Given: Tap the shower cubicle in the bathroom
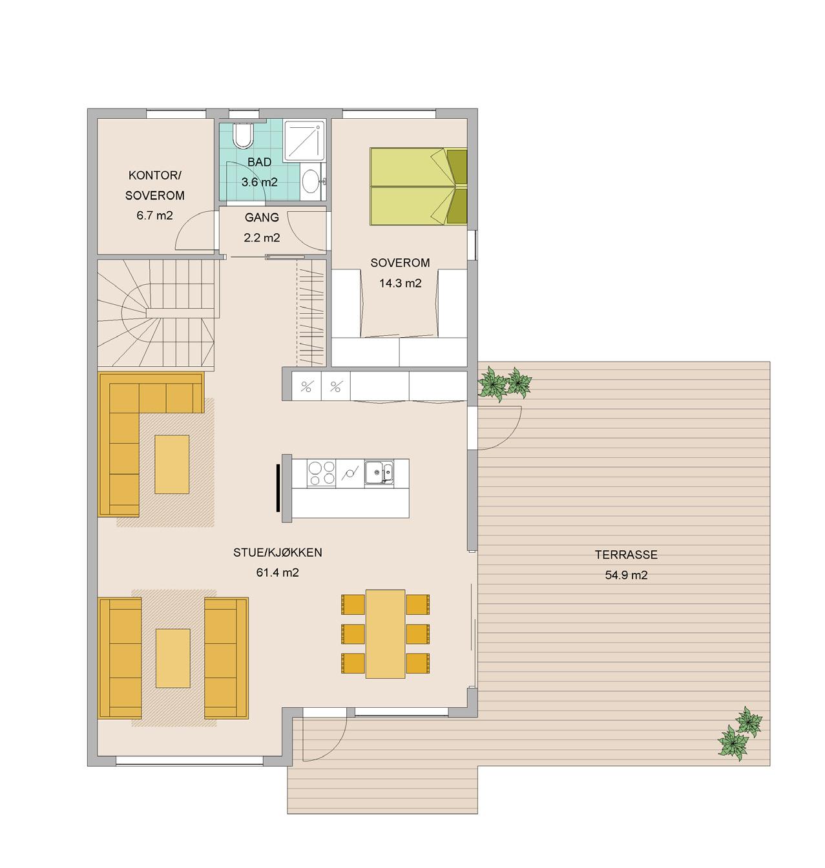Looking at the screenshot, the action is (x=304, y=141).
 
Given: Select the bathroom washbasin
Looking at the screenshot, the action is (x=312, y=181).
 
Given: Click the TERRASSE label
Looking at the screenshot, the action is (x=626, y=555).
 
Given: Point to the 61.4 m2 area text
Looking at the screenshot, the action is (x=277, y=573).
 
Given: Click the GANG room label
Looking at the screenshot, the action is (x=262, y=217).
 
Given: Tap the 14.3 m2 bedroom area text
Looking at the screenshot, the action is (x=400, y=283).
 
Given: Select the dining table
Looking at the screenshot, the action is (x=385, y=634).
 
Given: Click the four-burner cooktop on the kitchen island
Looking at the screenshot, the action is (x=321, y=473).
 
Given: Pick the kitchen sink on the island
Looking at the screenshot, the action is (x=379, y=472).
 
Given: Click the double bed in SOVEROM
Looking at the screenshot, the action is (x=418, y=186).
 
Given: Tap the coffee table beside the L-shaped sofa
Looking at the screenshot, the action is (x=172, y=464).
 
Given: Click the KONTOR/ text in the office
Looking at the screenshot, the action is (x=154, y=175).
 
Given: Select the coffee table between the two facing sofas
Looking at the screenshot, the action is (x=173, y=658).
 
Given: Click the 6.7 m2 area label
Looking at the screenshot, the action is (x=154, y=216).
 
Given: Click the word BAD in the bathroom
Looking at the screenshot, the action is (x=259, y=162).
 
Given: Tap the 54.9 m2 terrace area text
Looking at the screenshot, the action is (x=626, y=575).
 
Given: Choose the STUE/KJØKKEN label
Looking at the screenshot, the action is (x=277, y=552).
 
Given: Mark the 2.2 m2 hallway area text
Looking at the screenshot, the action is (x=262, y=238).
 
